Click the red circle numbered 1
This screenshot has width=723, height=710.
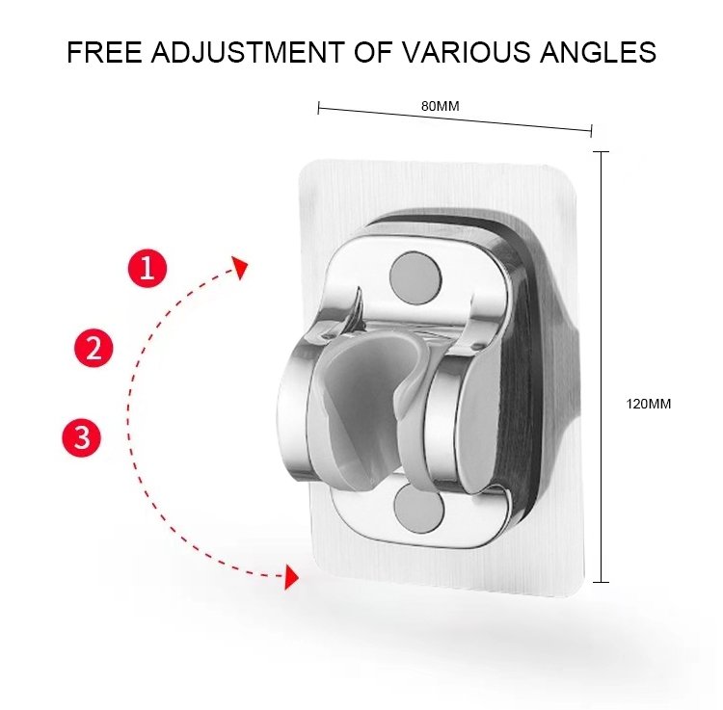147,268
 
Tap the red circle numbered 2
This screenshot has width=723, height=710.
94,348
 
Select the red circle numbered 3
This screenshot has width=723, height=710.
82,436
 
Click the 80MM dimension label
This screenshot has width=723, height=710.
440,106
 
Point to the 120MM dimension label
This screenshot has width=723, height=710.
648,404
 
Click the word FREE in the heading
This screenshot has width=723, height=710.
104,52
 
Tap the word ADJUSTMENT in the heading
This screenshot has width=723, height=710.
248,52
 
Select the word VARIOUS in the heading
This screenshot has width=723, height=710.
467,52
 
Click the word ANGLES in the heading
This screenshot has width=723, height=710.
598,52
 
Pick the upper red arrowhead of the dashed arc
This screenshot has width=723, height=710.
240,267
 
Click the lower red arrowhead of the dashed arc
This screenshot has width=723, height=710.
291,577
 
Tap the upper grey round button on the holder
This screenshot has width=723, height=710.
415,276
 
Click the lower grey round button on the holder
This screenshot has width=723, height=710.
418,508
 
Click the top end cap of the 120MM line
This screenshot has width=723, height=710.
601,151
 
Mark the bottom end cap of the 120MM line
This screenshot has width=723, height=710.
601,582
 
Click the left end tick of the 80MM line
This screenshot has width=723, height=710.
318,108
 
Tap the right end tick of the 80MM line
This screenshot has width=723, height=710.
591,131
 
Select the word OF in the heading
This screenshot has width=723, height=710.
373,52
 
